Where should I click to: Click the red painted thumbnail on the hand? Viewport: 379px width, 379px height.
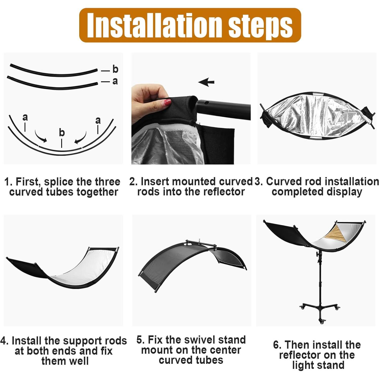click(167, 103)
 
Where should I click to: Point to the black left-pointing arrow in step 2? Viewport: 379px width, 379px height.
click(206, 82)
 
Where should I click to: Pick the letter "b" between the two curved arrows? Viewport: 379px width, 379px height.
click(62, 132)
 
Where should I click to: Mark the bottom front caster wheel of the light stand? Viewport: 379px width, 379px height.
click(322, 322)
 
